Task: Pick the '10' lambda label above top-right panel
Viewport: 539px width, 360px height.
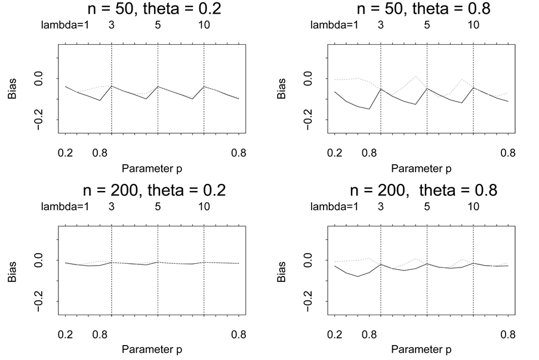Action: coord(473,26)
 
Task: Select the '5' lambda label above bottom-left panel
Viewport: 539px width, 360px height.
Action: coord(158,207)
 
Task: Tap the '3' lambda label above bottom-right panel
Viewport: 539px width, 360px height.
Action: coord(381,207)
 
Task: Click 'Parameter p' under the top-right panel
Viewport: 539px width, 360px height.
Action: coord(421,168)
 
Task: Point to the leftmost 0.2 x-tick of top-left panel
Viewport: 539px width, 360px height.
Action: coord(65,153)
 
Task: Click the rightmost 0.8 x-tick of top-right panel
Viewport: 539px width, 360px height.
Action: coord(508,153)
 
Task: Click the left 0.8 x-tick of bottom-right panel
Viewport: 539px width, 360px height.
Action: coord(369,334)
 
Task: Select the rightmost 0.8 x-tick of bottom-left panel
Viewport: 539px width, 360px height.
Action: coord(239,334)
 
